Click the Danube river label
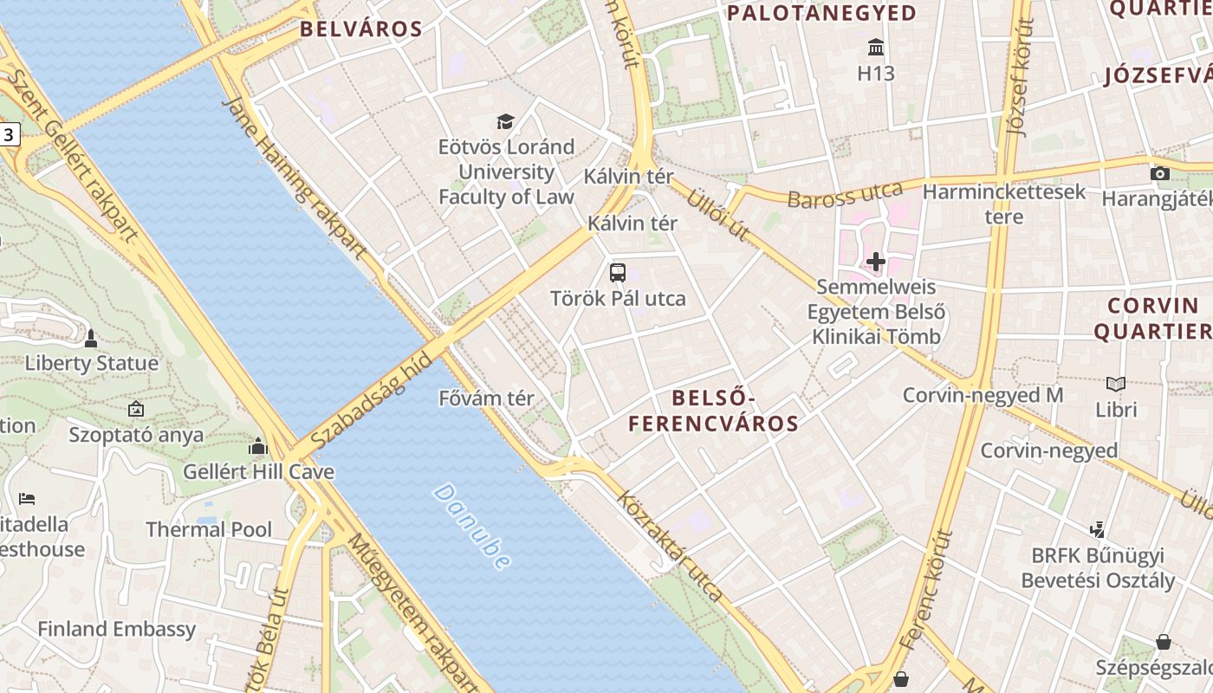point(470,527)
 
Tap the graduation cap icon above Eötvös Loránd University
point(505,121)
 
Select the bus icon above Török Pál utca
point(618,273)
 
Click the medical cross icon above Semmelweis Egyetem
point(876,261)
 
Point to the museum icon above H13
point(875,47)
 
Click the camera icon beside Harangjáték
point(1160,173)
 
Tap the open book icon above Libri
point(1116,384)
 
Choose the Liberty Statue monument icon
point(91,337)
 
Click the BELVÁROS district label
point(361,29)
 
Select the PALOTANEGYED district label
point(821,13)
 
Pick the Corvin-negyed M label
point(983,396)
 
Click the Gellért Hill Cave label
point(258,472)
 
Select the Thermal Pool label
point(209,529)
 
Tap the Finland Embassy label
point(117,629)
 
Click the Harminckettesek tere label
point(1004,204)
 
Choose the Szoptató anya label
point(136,434)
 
